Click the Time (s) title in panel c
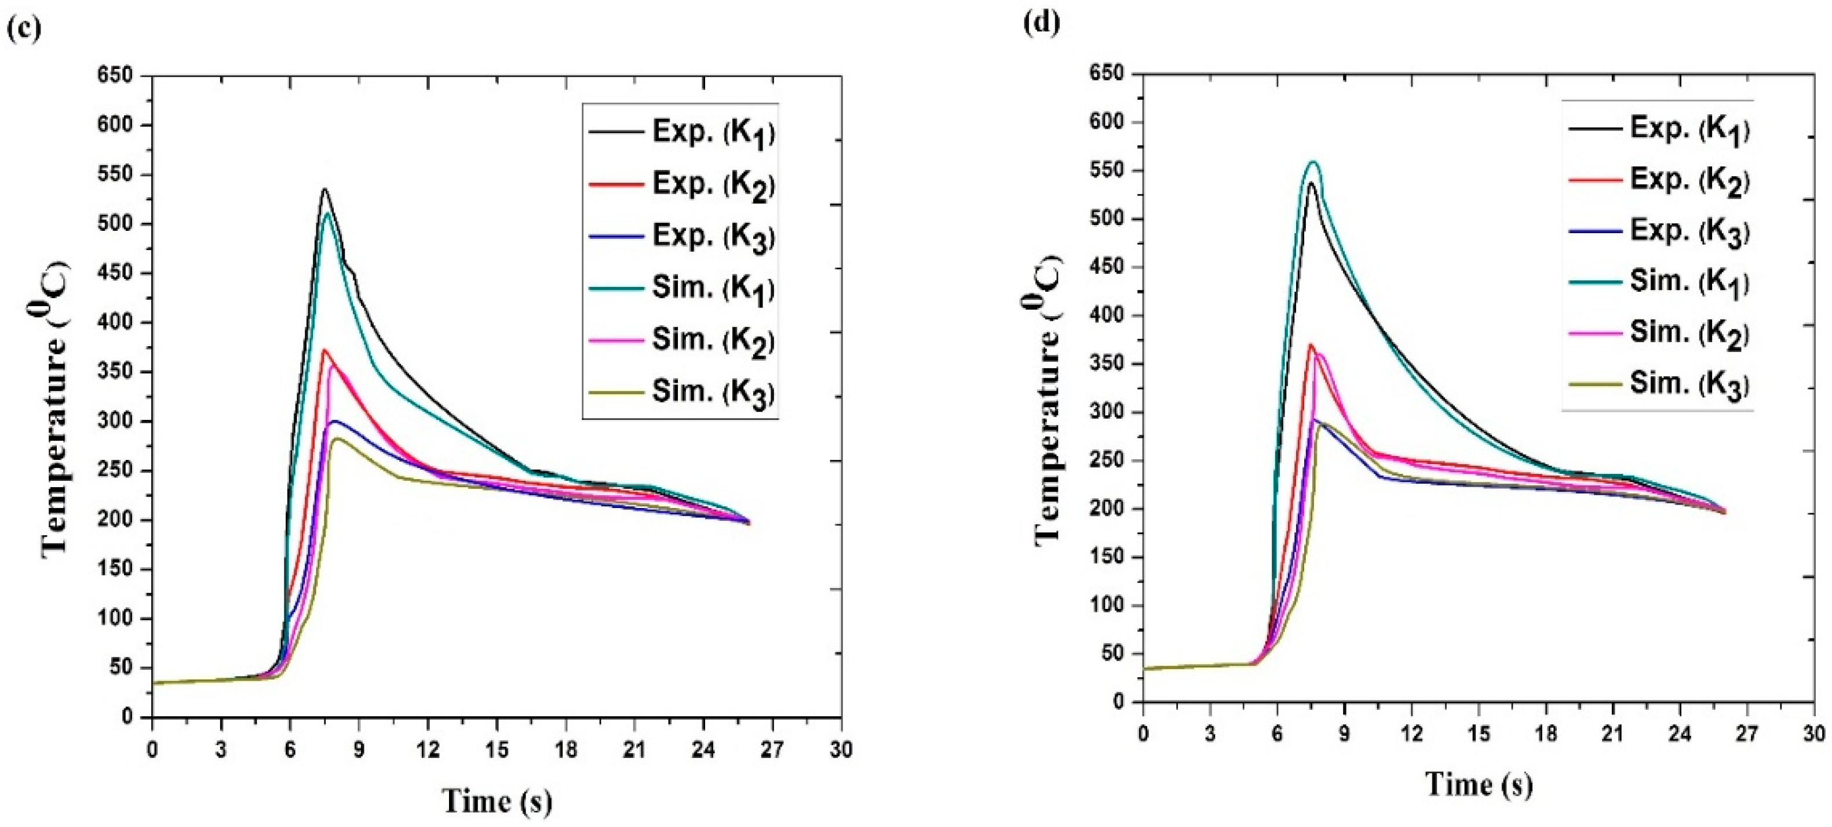tap(497, 801)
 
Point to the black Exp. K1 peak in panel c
tap(324, 189)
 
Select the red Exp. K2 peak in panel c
tap(324, 350)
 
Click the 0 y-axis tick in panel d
tap(1119, 702)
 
